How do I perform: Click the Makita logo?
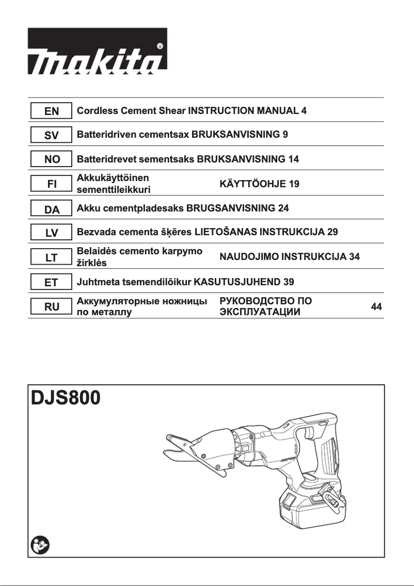[97, 52]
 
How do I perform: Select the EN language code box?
[52, 111]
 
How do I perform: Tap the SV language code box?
[52, 135]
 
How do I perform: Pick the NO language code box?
[52, 159]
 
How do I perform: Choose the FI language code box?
[52, 184]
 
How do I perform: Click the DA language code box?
[52, 208]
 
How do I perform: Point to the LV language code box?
[52, 233]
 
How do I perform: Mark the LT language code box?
[52, 257]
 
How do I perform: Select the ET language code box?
[52, 282]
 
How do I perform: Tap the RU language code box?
[52, 306]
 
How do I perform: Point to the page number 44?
[376, 307]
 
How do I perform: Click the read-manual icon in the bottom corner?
[39, 545]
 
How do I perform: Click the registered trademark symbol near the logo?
[160, 45]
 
